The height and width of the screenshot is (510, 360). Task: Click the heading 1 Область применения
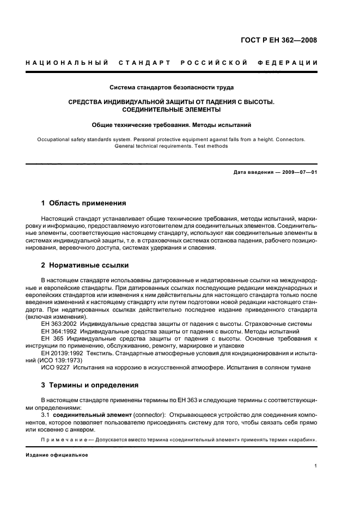84,203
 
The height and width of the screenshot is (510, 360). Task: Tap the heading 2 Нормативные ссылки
86,265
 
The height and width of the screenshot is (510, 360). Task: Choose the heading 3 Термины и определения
90,385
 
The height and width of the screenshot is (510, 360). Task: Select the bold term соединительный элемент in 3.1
93,415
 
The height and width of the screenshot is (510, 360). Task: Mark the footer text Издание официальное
57,456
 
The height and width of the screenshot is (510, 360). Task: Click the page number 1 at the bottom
316,466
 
